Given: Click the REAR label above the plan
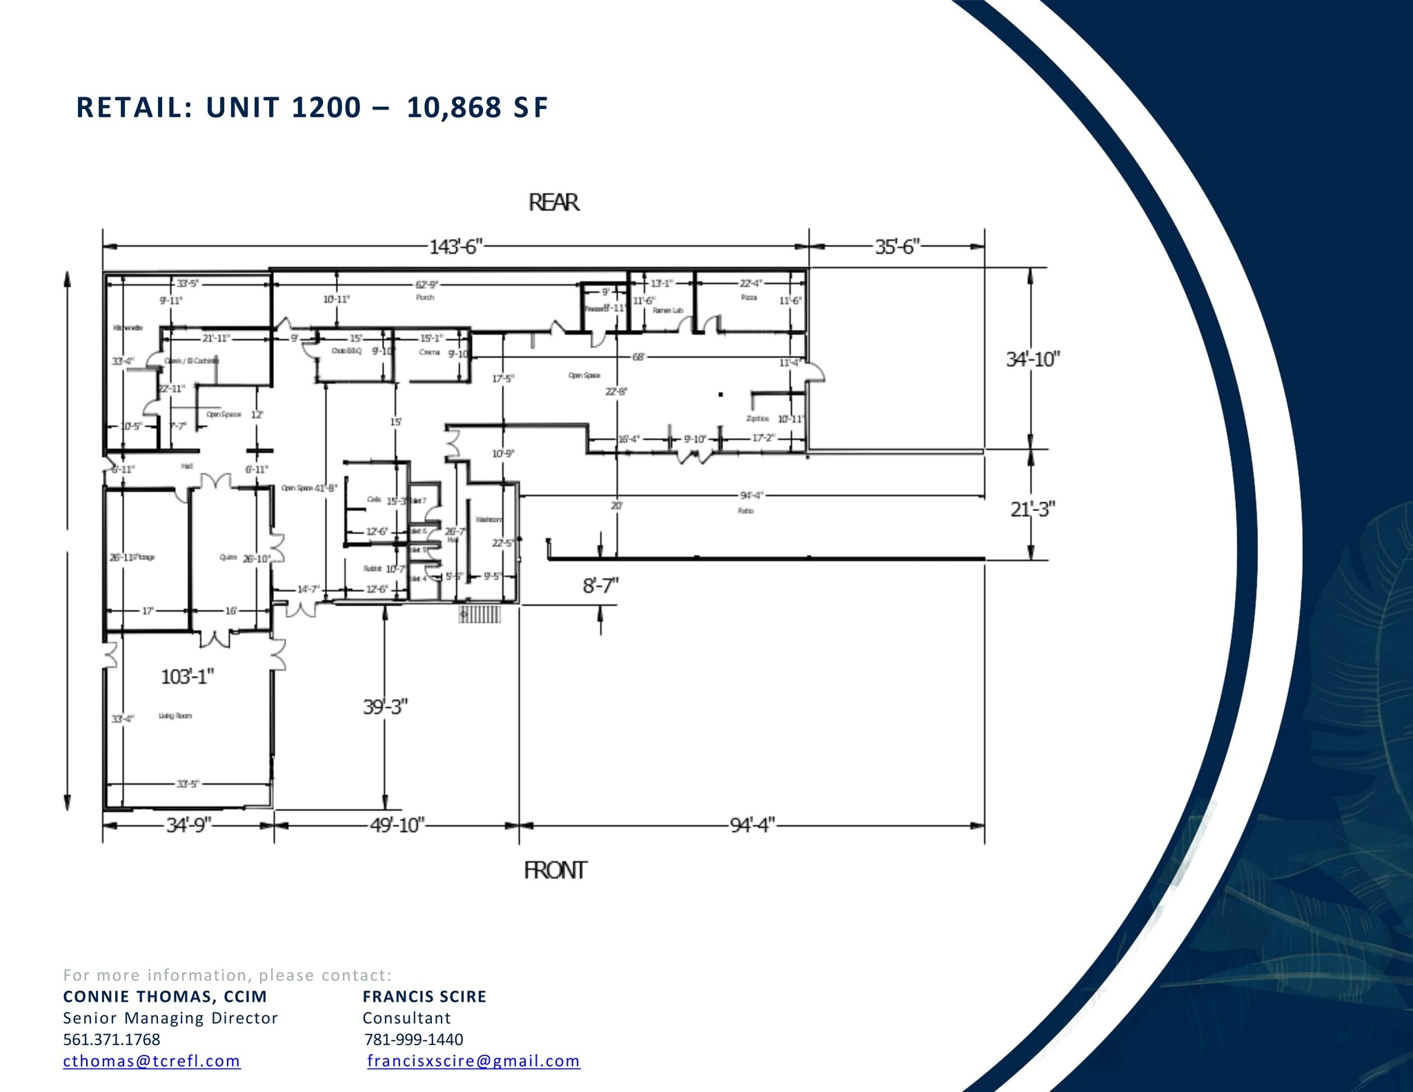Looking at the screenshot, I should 553,203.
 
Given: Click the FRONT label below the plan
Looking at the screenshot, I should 555,871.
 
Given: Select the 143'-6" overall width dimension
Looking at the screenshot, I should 455,247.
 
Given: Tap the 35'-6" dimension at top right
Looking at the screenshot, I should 897,247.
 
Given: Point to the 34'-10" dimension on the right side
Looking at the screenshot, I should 1032,359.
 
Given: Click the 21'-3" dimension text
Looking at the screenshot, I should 1033,509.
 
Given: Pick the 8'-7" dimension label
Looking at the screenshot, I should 600,586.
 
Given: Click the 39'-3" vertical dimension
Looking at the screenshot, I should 385,707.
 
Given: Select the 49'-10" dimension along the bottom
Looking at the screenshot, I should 397,825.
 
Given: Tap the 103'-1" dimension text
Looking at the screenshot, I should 187,677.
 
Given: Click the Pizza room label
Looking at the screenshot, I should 749,297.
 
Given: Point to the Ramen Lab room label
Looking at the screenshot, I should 667,310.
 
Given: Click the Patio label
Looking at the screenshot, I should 745,511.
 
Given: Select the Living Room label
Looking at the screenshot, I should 175,716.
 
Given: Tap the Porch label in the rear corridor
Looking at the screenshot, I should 425,297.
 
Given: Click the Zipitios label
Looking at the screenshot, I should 757,419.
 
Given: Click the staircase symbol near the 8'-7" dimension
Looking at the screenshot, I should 480,614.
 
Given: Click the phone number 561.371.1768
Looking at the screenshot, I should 111,1040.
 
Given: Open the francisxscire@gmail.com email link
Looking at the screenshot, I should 473,1061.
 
